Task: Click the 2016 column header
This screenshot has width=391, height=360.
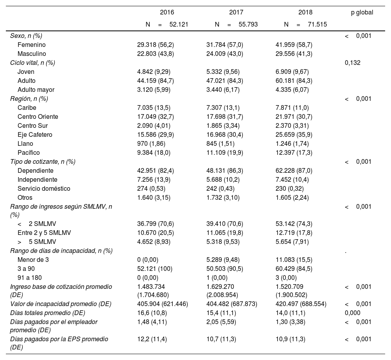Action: point(167,13)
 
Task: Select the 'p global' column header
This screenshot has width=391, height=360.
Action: point(362,13)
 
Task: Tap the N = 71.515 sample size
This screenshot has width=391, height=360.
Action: point(306,24)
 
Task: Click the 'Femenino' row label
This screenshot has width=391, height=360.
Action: point(32,45)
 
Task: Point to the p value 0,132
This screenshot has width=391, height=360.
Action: point(353,63)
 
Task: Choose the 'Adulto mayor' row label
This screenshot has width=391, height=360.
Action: point(36,90)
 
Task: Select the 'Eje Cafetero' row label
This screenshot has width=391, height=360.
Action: point(35,135)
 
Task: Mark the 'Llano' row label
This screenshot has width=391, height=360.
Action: point(25,144)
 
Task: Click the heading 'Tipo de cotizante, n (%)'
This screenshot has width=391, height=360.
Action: point(43,162)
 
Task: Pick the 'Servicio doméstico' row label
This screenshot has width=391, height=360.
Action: point(44,189)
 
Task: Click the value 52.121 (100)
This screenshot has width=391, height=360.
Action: point(154,269)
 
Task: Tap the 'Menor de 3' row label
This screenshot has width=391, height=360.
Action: point(33,260)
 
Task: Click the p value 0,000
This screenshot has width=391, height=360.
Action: point(353,313)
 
